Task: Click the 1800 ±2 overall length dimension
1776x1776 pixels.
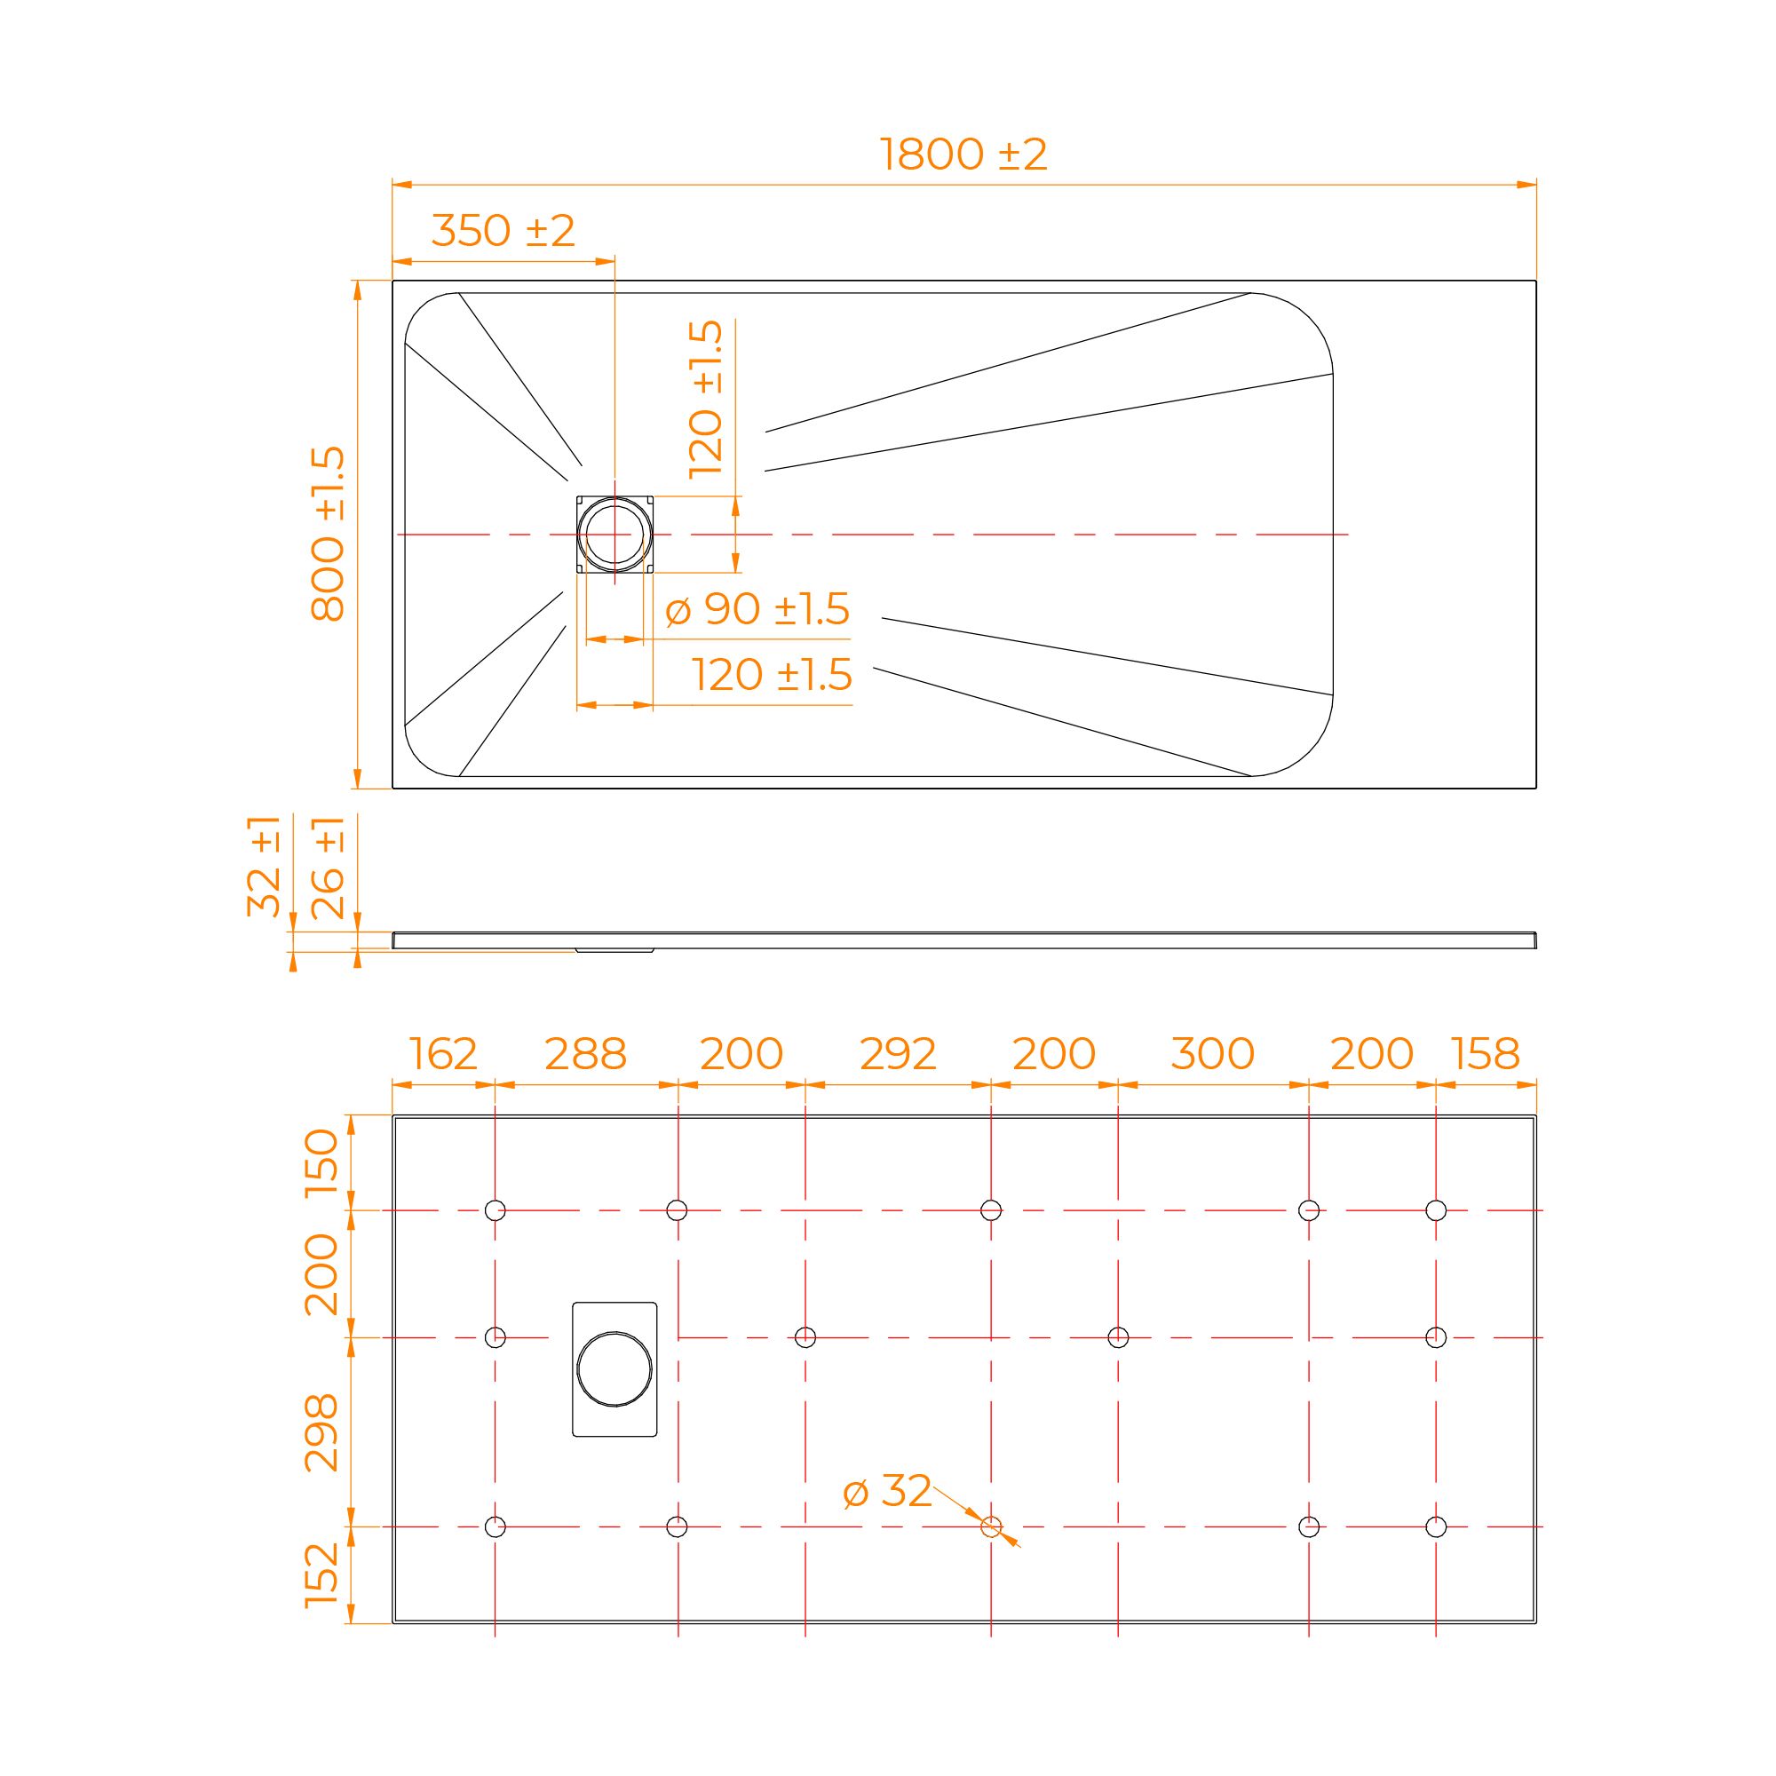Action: pos(963,155)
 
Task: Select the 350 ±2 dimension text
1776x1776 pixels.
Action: pos(503,231)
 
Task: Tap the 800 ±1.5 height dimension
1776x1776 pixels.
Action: pos(329,533)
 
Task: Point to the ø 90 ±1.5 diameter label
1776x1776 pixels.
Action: pos(757,608)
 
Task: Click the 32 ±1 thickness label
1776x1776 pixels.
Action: pos(265,865)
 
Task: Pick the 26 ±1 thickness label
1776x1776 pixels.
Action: pos(329,867)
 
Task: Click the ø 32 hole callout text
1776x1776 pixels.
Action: pos(887,1491)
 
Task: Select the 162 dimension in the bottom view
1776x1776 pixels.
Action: pos(443,1054)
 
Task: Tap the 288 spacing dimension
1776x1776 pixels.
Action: pos(585,1054)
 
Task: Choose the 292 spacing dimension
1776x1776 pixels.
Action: pos(898,1054)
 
